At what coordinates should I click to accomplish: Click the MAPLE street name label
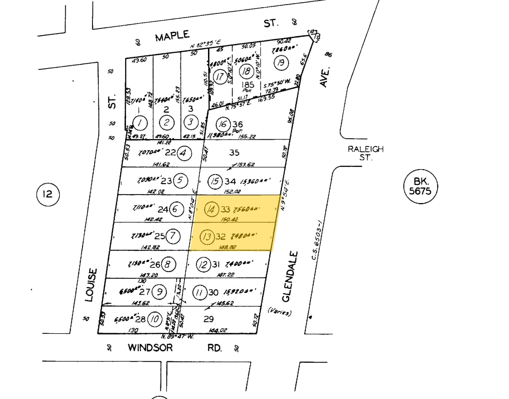[172, 36]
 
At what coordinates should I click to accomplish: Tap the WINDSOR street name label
[150, 348]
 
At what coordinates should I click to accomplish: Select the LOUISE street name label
[91, 285]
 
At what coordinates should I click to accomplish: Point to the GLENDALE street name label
[289, 277]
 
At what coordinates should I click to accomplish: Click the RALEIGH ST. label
[365, 153]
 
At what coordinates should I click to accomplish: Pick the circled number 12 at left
[48, 195]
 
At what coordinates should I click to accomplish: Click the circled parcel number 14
[211, 209]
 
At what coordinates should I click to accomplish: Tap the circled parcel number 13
[207, 236]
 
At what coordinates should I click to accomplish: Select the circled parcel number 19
[281, 62]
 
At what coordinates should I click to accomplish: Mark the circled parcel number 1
[141, 122]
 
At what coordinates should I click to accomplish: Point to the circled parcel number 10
[155, 320]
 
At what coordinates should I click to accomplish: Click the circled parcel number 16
[223, 124]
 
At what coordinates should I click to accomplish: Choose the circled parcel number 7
[173, 236]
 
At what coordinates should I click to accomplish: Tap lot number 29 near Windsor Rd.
[208, 319]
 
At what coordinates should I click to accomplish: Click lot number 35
[234, 153]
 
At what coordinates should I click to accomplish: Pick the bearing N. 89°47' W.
[178, 336]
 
